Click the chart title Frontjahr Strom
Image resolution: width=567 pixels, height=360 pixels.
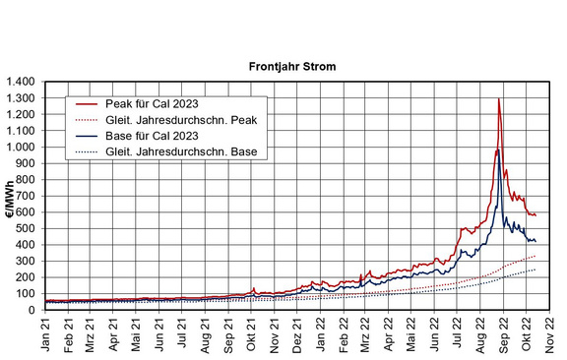[x=292, y=67]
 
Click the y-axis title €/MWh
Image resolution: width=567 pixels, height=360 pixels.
[x=11, y=200]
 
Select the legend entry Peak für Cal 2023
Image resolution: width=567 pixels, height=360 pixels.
[x=152, y=104]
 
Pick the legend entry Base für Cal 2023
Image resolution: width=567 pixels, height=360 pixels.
[x=152, y=136]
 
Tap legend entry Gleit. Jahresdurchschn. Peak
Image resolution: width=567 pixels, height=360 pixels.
[x=181, y=120]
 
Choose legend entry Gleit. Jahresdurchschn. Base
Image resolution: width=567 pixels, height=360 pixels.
[x=181, y=151]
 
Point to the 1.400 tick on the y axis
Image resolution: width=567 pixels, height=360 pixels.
[x=21, y=82]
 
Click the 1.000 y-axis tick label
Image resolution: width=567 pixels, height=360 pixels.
[x=21, y=148]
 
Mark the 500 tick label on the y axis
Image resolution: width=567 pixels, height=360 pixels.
[x=27, y=229]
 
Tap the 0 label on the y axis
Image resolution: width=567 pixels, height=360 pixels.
[x=31, y=311]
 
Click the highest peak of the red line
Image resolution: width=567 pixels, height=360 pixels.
[x=499, y=98]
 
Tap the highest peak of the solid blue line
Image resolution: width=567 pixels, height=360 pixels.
[x=499, y=150]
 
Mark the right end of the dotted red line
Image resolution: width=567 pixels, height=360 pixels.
[x=535, y=256]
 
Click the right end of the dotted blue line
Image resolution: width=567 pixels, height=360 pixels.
[x=535, y=270]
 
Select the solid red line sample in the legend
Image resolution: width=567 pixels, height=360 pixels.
[x=87, y=104]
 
